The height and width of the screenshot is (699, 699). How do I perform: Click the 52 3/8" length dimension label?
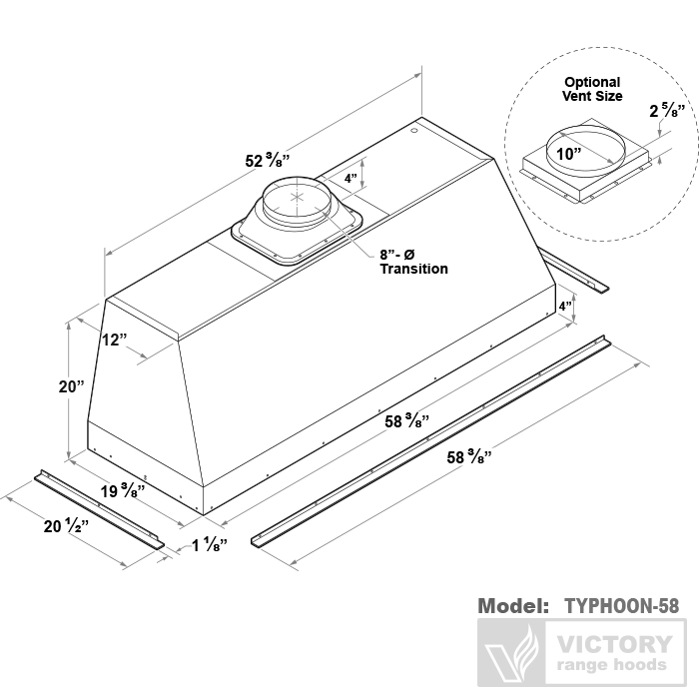[x=268, y=160]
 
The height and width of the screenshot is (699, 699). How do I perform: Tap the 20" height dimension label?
[x=71, y=387]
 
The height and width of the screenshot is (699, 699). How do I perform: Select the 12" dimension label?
[x=115, y=340]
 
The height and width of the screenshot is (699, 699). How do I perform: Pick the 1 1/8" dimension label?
[x=209, y=545]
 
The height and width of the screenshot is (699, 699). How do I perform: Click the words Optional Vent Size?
[x=592, y=89]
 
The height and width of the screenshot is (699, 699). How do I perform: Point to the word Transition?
[x=413, y=269]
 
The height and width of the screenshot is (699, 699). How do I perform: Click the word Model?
[x=513, y=605]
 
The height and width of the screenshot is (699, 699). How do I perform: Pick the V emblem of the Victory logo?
[x=510, y=653]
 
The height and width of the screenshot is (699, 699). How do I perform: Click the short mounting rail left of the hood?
[x=99, y=508]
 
